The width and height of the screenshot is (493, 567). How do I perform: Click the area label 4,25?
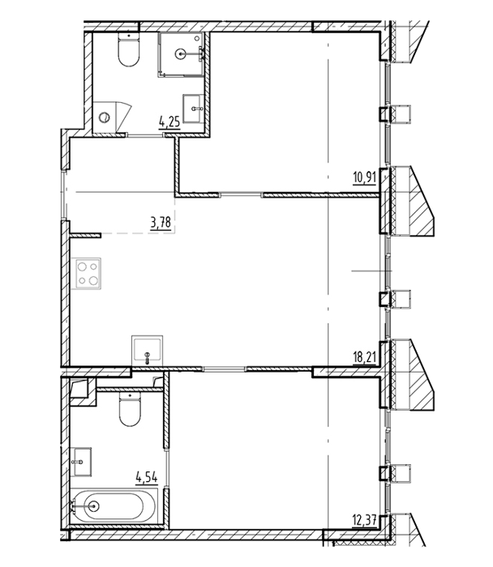(169, 122)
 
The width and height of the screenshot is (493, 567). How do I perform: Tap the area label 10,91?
(365, 178)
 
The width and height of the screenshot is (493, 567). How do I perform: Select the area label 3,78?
(161, 223)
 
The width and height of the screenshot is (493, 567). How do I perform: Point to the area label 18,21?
(365, 358)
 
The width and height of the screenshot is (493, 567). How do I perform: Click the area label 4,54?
(147, 478)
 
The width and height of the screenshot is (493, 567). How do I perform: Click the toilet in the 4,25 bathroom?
(129, 49)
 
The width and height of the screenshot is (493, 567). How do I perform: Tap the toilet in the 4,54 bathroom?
(130, 410)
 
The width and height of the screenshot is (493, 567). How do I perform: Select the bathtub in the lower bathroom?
(114, 506)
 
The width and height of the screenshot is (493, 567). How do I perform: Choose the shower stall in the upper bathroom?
(181, 54)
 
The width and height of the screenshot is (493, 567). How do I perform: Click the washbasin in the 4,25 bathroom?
(194, 109)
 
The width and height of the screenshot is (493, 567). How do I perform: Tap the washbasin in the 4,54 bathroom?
(81, 462)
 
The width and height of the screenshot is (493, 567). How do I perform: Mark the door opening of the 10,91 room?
(241, 195)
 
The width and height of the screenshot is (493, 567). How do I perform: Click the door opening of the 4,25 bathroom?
(145, 135)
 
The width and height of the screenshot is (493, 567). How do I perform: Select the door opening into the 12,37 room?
(224, 369)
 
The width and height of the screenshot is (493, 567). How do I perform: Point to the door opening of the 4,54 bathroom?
(166, 468)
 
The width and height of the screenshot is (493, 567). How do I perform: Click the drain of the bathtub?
(93, 506)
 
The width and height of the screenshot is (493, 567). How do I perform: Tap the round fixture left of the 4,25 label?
(105, 117)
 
